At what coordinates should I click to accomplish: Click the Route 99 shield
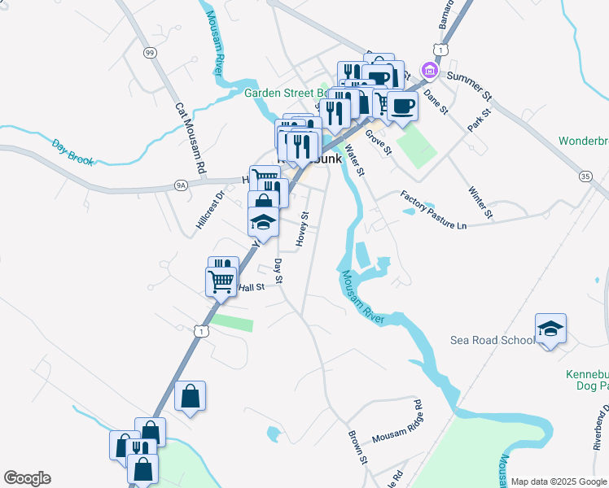coord(149,53)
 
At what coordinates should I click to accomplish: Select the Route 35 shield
coord(585,176)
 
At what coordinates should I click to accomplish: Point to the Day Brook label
coord(68,150)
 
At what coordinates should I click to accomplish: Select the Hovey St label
coord(301,229)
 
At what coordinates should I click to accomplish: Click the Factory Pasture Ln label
coord(433,210)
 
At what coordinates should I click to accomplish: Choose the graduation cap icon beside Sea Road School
coord(550,329)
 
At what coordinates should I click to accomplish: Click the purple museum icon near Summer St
coord(428,72)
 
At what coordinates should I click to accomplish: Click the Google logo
coord(27,478)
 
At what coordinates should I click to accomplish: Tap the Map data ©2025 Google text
coord(558,481)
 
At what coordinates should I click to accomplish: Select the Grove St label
coord(378,142)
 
